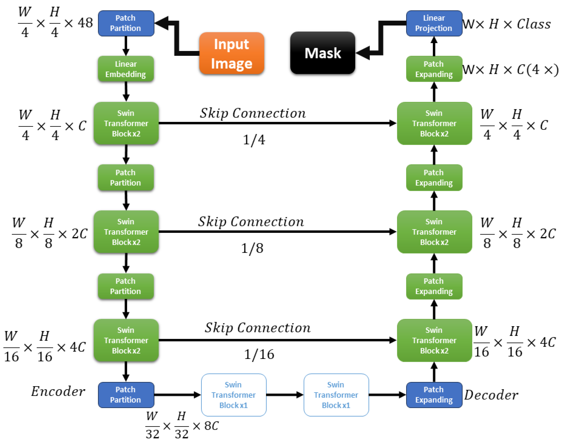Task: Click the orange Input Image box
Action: [232, 53]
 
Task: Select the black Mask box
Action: [323, 53]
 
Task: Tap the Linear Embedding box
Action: [126, 69]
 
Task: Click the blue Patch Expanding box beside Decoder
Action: [434, 395]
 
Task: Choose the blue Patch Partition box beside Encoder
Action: [126, 395]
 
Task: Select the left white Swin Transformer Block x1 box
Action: [233, 395]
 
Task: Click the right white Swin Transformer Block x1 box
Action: [336, 395]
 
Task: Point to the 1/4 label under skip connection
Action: [254, 140]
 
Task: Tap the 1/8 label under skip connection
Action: [252, 248]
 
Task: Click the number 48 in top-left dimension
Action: [85, 23]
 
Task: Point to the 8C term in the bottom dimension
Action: [211, 426]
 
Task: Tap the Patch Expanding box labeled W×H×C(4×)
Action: [434, 69]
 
